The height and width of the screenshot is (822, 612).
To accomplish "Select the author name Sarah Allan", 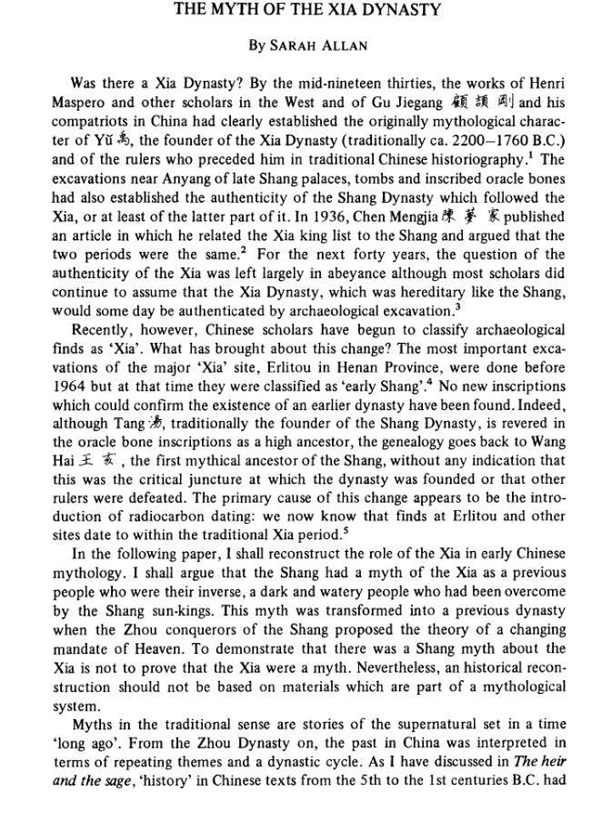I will tap(306, 44).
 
